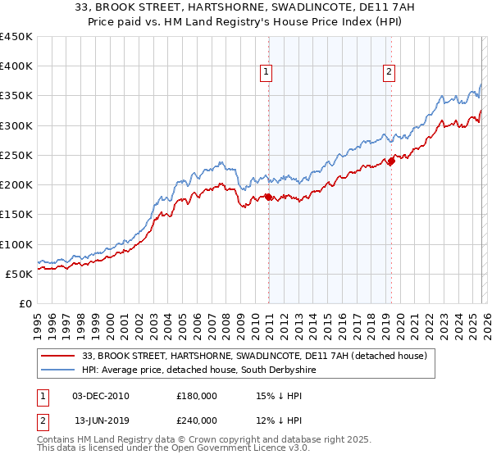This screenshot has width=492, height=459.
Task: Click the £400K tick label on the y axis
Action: tap(16, 66)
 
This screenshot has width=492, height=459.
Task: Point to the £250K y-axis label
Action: tap(16, 155)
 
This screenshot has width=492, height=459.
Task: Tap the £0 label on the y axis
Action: tap(25, 303)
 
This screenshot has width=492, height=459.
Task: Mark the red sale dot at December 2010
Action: tap(268, 197)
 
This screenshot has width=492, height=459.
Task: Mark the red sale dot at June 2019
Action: tap(391, 161)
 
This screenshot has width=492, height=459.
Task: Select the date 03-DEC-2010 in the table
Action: tap(101, 396)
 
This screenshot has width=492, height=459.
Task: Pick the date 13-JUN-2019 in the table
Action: tap(101, 420)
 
